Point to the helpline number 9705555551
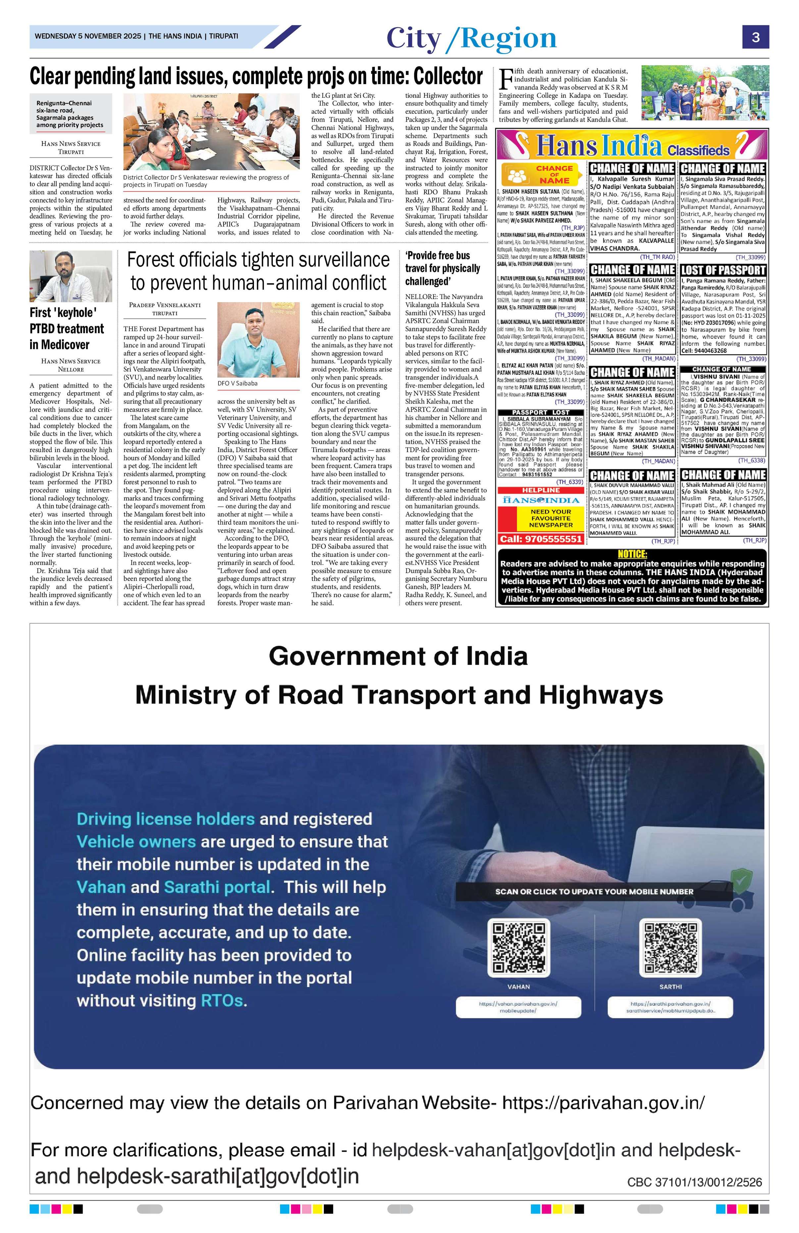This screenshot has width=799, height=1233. [541, 539]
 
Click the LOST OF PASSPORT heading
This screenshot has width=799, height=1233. [723, 270]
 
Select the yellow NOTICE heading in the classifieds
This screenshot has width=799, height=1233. [632, 554]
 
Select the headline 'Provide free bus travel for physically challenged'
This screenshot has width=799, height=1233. [442, 268]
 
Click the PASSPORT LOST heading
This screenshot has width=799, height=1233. [541, 412]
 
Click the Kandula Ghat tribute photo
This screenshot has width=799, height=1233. [705, 93]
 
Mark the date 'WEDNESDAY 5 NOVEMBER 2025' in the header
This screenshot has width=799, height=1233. [87, 36]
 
